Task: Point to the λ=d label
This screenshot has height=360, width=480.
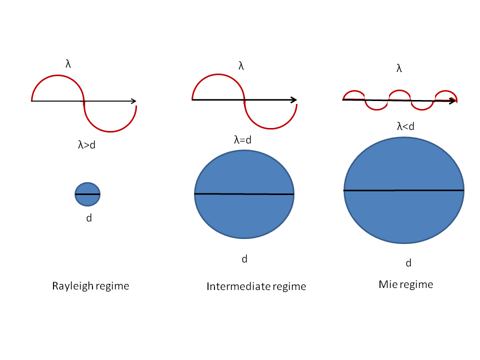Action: (242, 140)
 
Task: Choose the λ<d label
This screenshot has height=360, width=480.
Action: (405, 127)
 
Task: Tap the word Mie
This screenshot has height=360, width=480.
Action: (387, 284)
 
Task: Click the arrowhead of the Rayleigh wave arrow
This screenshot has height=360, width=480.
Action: (133, 101)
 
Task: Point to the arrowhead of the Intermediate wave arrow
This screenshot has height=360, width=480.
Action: (293, 100)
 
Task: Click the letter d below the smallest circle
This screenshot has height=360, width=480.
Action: (89, 218)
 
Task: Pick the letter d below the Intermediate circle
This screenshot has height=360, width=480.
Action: (244, 259)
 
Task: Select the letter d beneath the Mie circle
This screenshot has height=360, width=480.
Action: (408, 263)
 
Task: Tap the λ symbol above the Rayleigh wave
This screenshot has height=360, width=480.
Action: (68, 63)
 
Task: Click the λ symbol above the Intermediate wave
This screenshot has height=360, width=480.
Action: (241, 66)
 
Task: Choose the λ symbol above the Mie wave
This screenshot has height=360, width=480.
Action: (399, 68)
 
